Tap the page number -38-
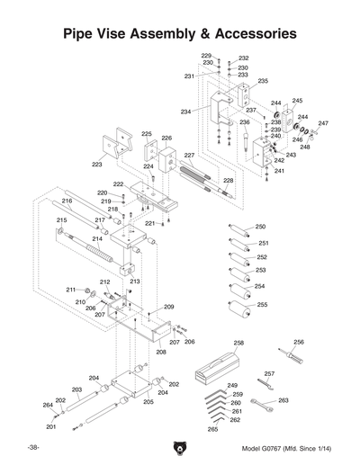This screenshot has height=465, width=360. click(x=32, y=447)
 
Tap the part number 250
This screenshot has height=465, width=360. click(x=260, y=227)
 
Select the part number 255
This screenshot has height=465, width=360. click(x=262, y=305)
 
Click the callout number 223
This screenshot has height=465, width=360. click(x=97, y=165)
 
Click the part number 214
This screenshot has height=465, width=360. click(x=96, y=239)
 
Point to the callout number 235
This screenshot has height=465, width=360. click(x=263, y=81)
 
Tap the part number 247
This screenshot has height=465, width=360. click(x=323, y=123)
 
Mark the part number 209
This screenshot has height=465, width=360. click(x=167, y=307)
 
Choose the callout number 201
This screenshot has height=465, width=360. click(x=51, y=426)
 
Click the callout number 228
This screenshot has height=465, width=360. click(x=228, y=181)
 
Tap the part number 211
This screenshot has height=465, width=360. click(x=69, y=289)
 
